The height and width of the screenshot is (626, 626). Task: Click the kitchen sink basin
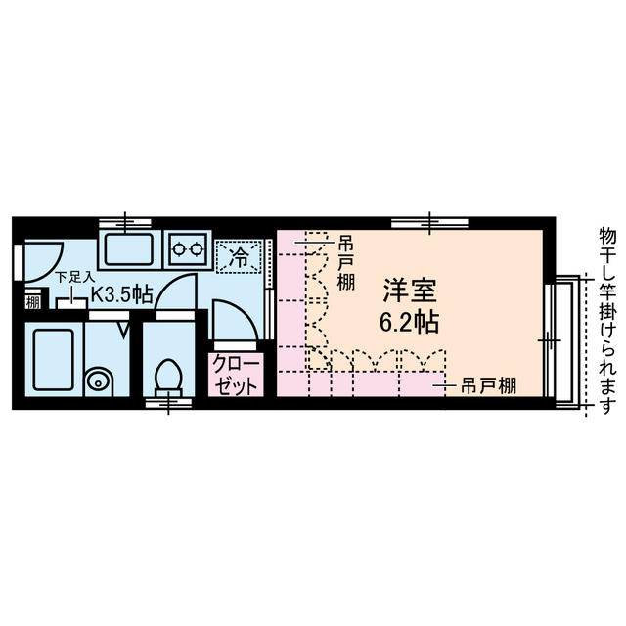pyautogui.click(x=131, y=250)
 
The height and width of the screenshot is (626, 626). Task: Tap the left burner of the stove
pyautogui.click(x=179, y=248)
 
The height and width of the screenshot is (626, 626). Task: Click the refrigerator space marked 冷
pyautogui.click(x=239, y=257)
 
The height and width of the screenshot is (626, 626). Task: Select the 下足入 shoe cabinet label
pyautogui.click(x=74, y=277)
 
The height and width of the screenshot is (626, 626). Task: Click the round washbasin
pyautogui.click(x=97, y=380)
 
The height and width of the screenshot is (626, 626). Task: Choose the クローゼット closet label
pyautogui.click(x=235, y=376)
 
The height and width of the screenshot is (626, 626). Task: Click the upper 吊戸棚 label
pyautogui.click(x=345, y=260)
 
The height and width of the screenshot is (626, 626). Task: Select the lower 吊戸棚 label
pyautogui.click(x=489, y=385)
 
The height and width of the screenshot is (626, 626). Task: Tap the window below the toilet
pyautogui.click(x=168, y=400)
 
